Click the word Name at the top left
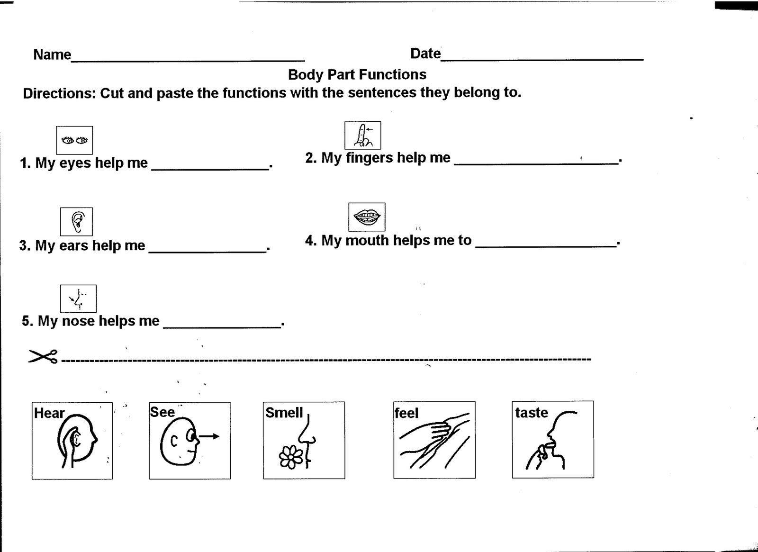(52, 55)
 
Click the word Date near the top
(425, 54)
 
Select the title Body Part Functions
(357, 75)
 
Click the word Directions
(59, 93)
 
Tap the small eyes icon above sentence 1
(74, 140)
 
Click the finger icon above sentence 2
(362, 136)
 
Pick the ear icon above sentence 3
(76, 221)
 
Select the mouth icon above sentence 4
(367, 217)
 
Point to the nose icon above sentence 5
(78, 299)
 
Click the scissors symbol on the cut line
(43, 356)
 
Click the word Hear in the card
(49, 414)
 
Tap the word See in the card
(162, 412)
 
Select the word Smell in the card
(284, 413)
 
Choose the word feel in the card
(406, 413)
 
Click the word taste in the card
(531, 413)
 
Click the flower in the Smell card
(290, 457)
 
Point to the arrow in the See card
(209, 436)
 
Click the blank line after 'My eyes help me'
(210, 167)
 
